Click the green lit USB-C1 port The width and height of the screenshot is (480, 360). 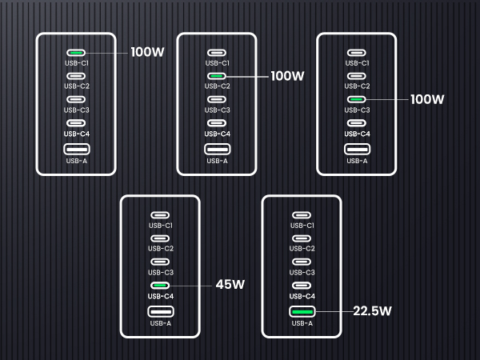pyautogui.click(x=76, y=53)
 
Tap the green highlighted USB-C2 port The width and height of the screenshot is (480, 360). pyautogui.click(x=217, y=77)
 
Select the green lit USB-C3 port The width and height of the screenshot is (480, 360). pyautogui.click(x=357, y=100)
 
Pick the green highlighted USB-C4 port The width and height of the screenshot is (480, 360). pyautogui.click(x=161, y=286)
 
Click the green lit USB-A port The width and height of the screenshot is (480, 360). pyautogui.click(x=302, y=311)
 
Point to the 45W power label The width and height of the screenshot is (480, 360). pyautogui.click(x=230, y=285)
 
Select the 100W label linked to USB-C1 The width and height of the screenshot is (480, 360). pyautogui.click(x=148, y=53)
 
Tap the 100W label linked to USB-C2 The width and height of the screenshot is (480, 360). pyautogui.click(x=288, y=77)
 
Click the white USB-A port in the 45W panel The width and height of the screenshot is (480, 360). pyautogui.click(x=161, y=311)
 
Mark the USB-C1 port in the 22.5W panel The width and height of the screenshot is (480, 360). pyautogui.click(x=302, y=215)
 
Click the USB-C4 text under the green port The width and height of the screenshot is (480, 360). pyautogui.click(x=161, y=297)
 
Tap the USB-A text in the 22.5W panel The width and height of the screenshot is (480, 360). pyautogui.click(x=302, y=323)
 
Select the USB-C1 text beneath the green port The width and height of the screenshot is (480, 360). pyautogui.click(x=76, y=63)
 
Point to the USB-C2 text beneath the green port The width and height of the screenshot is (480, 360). pyautogui.click(x=217, y=86)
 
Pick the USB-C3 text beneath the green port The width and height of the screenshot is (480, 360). pyautogui.click(x=357, y=110)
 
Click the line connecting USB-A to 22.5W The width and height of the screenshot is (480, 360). pyautogui.click(x=333, y=311)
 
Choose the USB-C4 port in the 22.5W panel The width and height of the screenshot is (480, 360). pyautogui.click(x=302, y=286)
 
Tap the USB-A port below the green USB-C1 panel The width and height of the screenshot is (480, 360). pyautogui.click(x=76, y=149)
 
